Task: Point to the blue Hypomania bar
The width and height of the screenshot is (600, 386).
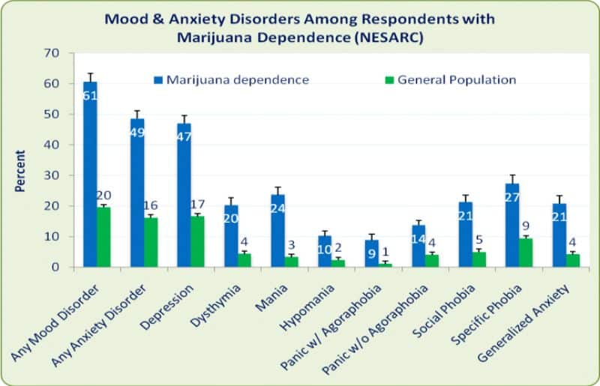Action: click(x=325, y=251)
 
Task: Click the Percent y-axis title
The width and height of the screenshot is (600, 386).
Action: click(x=21, y=171)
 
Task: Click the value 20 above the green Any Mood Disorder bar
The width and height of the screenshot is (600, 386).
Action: click(x=103, y=196)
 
